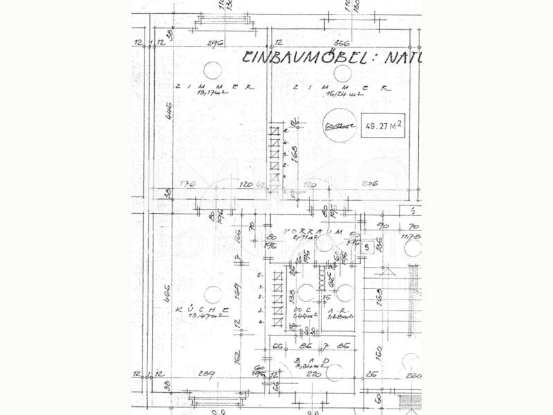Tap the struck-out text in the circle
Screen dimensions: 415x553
click(339, 126)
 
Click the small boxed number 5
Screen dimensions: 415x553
click(367, 246)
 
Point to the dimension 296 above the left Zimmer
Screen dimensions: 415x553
click(215, 44)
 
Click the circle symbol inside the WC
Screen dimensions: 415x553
click(306, 292)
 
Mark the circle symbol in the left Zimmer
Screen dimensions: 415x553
click(214, 70)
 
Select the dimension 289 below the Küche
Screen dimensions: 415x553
click(206, 373)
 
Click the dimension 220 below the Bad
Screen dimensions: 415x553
click(316, 373)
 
